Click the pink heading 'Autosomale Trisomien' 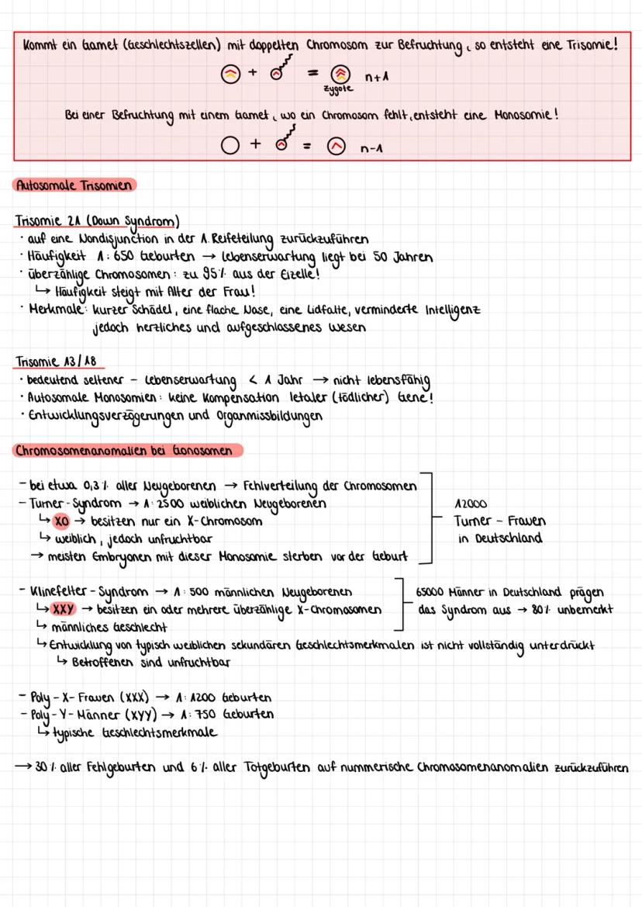tap(74, 185)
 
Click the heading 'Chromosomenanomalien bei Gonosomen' tap(127, 451)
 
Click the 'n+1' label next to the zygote tap(376, 78)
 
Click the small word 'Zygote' tap(340, 90)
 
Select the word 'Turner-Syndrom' tap(69, 504)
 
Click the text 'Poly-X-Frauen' tap(64, 698)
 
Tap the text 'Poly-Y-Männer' tap(66, 714)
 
